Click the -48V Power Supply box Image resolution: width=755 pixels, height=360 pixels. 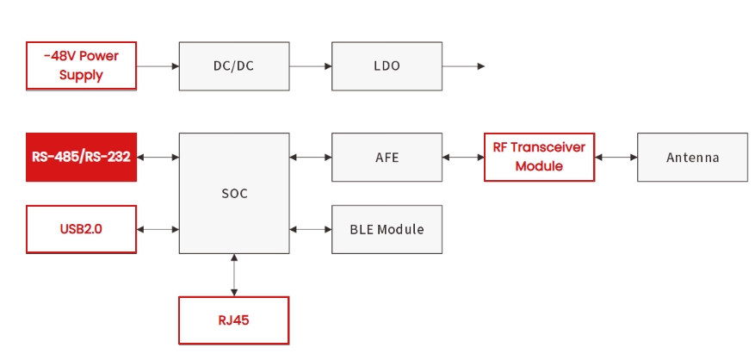click(81, 65)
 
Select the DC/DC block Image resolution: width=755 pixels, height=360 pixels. click(233, 65)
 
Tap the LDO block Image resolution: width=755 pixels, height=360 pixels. click(387, 65)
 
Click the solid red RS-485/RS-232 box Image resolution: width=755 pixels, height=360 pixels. click(81, 157)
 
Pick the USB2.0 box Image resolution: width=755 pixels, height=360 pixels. click(81, 229)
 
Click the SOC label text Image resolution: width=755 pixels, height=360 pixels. click(233, 194)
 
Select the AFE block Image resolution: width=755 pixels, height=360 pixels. click(387, 157)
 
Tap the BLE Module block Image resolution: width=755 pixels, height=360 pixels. click(387, 229)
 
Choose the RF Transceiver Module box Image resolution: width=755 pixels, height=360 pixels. click(539, 157)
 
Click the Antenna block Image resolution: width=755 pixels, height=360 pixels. click(692, 157)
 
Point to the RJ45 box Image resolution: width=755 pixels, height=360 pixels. click(233, 320)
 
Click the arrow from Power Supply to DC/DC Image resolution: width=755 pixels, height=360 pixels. click(158, 65)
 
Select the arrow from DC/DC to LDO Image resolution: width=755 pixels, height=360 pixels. click(310, 65)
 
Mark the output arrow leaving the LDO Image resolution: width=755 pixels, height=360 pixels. click(463, 65)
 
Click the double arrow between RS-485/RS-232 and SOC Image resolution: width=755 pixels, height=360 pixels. click(158, 157)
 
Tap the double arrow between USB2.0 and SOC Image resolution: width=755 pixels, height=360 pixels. click(158, 229)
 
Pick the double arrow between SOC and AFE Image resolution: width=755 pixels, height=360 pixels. click(310, 157)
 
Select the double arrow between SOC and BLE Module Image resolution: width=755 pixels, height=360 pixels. click(310, 229)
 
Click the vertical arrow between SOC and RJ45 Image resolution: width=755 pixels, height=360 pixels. click(233, 275)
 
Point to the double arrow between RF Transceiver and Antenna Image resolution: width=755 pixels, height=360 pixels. click(616, 157)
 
